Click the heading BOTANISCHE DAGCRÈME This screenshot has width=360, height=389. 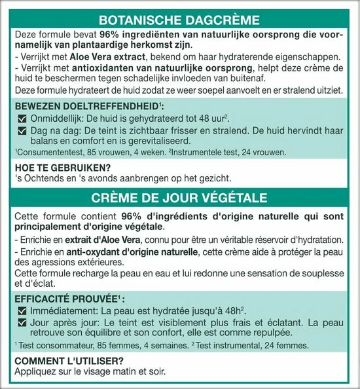179,20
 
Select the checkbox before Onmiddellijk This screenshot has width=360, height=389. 19,118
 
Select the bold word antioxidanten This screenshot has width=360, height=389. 98,69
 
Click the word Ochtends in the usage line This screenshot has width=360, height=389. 43,177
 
